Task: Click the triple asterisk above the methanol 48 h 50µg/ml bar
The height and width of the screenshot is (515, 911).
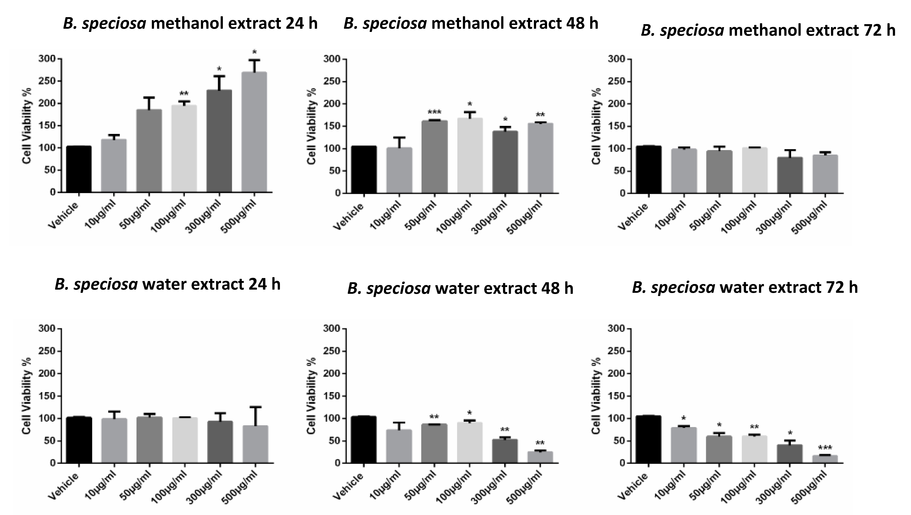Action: click(x=434, y=112)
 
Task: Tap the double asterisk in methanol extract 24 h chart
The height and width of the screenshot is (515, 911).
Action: click(x=184, y=94)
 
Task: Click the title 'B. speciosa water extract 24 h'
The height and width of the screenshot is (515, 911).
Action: click(x=167, y=284)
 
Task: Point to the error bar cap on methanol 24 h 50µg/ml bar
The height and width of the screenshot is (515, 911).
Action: click(x=149, y=97)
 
